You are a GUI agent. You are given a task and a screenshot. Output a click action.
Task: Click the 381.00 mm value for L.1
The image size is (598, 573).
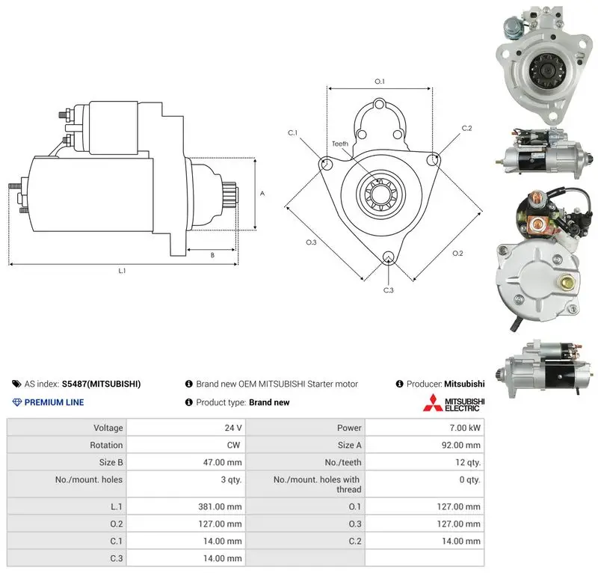point(220,506)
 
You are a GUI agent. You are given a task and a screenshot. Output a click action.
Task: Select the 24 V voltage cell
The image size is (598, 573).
point(233,428)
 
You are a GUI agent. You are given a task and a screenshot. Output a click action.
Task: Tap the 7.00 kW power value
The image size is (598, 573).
point(465,428)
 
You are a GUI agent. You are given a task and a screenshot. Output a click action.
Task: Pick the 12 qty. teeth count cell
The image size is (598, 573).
point(468,462)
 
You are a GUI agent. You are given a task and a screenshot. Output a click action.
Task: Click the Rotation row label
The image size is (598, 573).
point(106,445)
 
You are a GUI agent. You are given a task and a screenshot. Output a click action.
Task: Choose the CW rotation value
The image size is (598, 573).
point(233,445)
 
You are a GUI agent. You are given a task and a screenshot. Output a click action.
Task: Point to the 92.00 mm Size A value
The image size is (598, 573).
point(460,445)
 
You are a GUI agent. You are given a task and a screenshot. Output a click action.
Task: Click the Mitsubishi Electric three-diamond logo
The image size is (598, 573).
point(433,402)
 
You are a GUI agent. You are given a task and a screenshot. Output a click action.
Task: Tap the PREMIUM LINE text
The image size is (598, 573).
point(54,402)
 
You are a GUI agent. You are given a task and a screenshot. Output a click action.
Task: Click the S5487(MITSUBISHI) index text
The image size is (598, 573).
point(101,384)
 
